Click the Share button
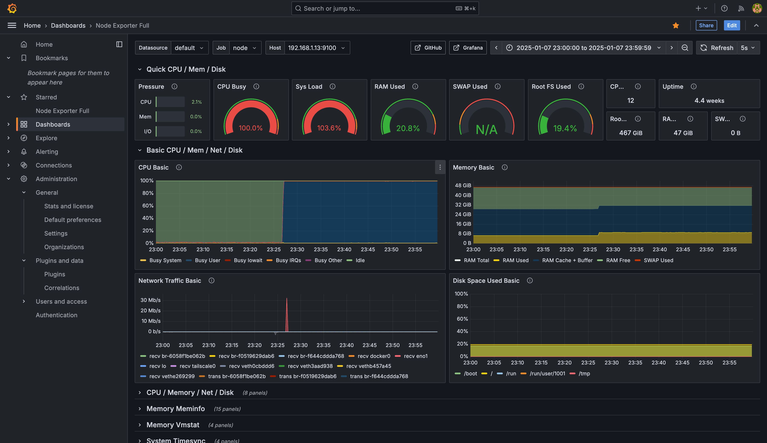[x=706, y=25]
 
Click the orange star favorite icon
[x=676, y=26]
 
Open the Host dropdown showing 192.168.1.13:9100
[x=317, y=48]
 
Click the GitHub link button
[x=428, y=48]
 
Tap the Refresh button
[x=717, y=48]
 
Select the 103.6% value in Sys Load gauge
[x=329, y=128]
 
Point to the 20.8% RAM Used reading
[x=408, y=128]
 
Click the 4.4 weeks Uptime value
[x=709, y=101]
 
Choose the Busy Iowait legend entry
[x=244, y=260]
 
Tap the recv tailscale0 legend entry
[x=193, y=366]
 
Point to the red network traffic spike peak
[x=287, y=298]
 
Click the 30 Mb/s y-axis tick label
[x=150, y=300]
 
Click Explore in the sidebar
[x=46, y=138]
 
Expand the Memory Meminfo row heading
[x=175, y=409]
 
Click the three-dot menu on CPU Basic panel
[x=440, y=167]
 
